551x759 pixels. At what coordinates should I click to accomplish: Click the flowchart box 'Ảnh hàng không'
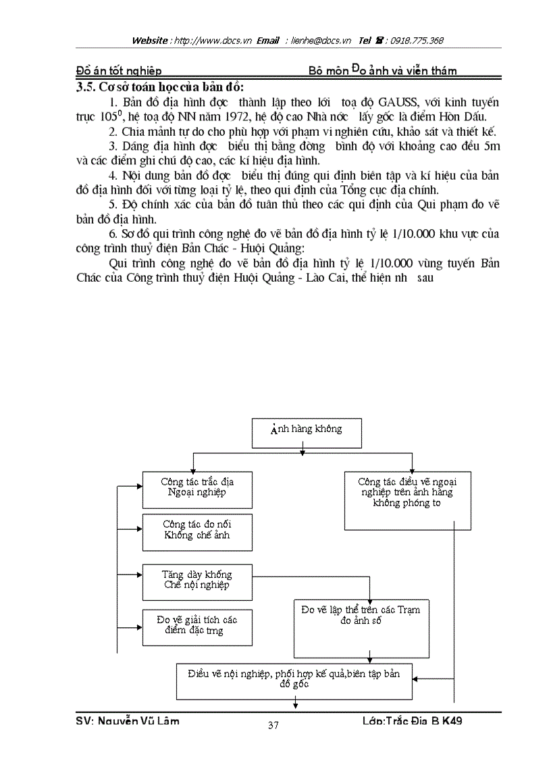tap(307, 433)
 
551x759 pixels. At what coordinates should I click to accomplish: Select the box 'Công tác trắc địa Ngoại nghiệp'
tap(196, 489)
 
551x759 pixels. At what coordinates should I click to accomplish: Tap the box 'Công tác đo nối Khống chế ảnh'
tap(196, 532)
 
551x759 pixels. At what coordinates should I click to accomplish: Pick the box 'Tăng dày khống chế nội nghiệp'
tap(196, 581)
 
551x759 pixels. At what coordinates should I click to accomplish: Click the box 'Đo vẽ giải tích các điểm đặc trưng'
tap(196, 627)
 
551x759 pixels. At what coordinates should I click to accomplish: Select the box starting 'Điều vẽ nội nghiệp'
tap(294, 681)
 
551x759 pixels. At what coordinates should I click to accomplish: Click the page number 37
tap(273, 727)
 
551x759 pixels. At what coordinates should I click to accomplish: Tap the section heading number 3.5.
tap(86, 87)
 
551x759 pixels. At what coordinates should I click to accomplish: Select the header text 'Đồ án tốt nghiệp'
tap(119, 71)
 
